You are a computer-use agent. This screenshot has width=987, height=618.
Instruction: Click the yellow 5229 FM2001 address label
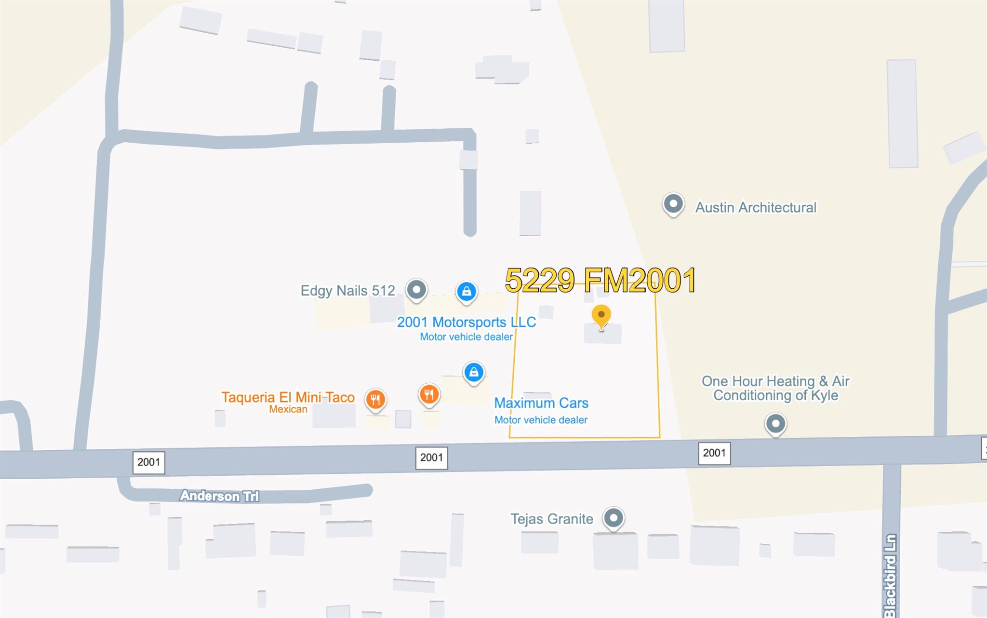coord(600,281)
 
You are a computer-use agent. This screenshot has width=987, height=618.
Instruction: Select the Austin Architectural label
coord(756,208)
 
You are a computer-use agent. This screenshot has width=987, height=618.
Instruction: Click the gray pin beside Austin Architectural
coord(673,204)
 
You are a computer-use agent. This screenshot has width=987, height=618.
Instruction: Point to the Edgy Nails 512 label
coord(347,291)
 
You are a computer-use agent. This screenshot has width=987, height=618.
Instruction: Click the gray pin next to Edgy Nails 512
coord(416,290)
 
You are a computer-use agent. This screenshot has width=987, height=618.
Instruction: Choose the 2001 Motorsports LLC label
coord(466,322)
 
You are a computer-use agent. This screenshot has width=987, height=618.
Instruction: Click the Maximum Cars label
coord(541,403)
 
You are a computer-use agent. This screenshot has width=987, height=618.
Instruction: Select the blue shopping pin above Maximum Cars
coord(474,372)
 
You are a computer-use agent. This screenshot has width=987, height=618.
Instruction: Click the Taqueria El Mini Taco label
coord(288,397)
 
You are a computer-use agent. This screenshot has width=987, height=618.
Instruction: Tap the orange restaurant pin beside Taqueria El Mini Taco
coord(375,399)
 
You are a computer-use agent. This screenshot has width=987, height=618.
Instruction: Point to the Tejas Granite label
coord(552,519)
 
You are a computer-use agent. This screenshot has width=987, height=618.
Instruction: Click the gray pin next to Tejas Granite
coord(614,518)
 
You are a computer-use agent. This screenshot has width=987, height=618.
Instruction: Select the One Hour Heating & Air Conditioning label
coord(775,388)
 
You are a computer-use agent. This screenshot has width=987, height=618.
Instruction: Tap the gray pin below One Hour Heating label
coord(775,424)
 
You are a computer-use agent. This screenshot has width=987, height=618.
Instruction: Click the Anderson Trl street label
coord(219,496)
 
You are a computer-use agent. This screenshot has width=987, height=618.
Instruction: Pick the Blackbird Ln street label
coord(890,576)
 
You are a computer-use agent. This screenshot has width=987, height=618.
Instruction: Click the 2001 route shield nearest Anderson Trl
coord(148,462)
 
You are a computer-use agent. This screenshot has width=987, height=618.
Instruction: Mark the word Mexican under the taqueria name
coord(288,409)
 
